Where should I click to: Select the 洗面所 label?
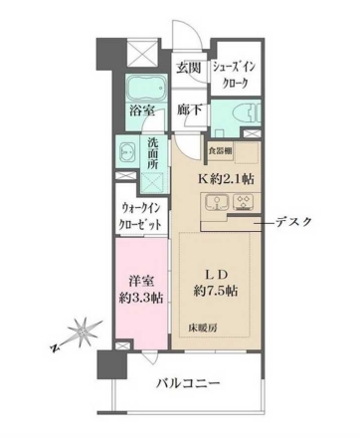pyautogui.click(x=154, y=156)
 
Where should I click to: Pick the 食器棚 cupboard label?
pyautogui.click(x=221, y=150)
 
